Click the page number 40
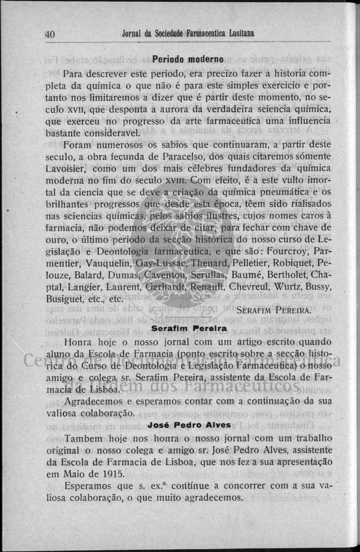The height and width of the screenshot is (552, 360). click(49, 34)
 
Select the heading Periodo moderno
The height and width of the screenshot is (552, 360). click(187, 58)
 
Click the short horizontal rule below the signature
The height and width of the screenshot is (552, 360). click(189, 317)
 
